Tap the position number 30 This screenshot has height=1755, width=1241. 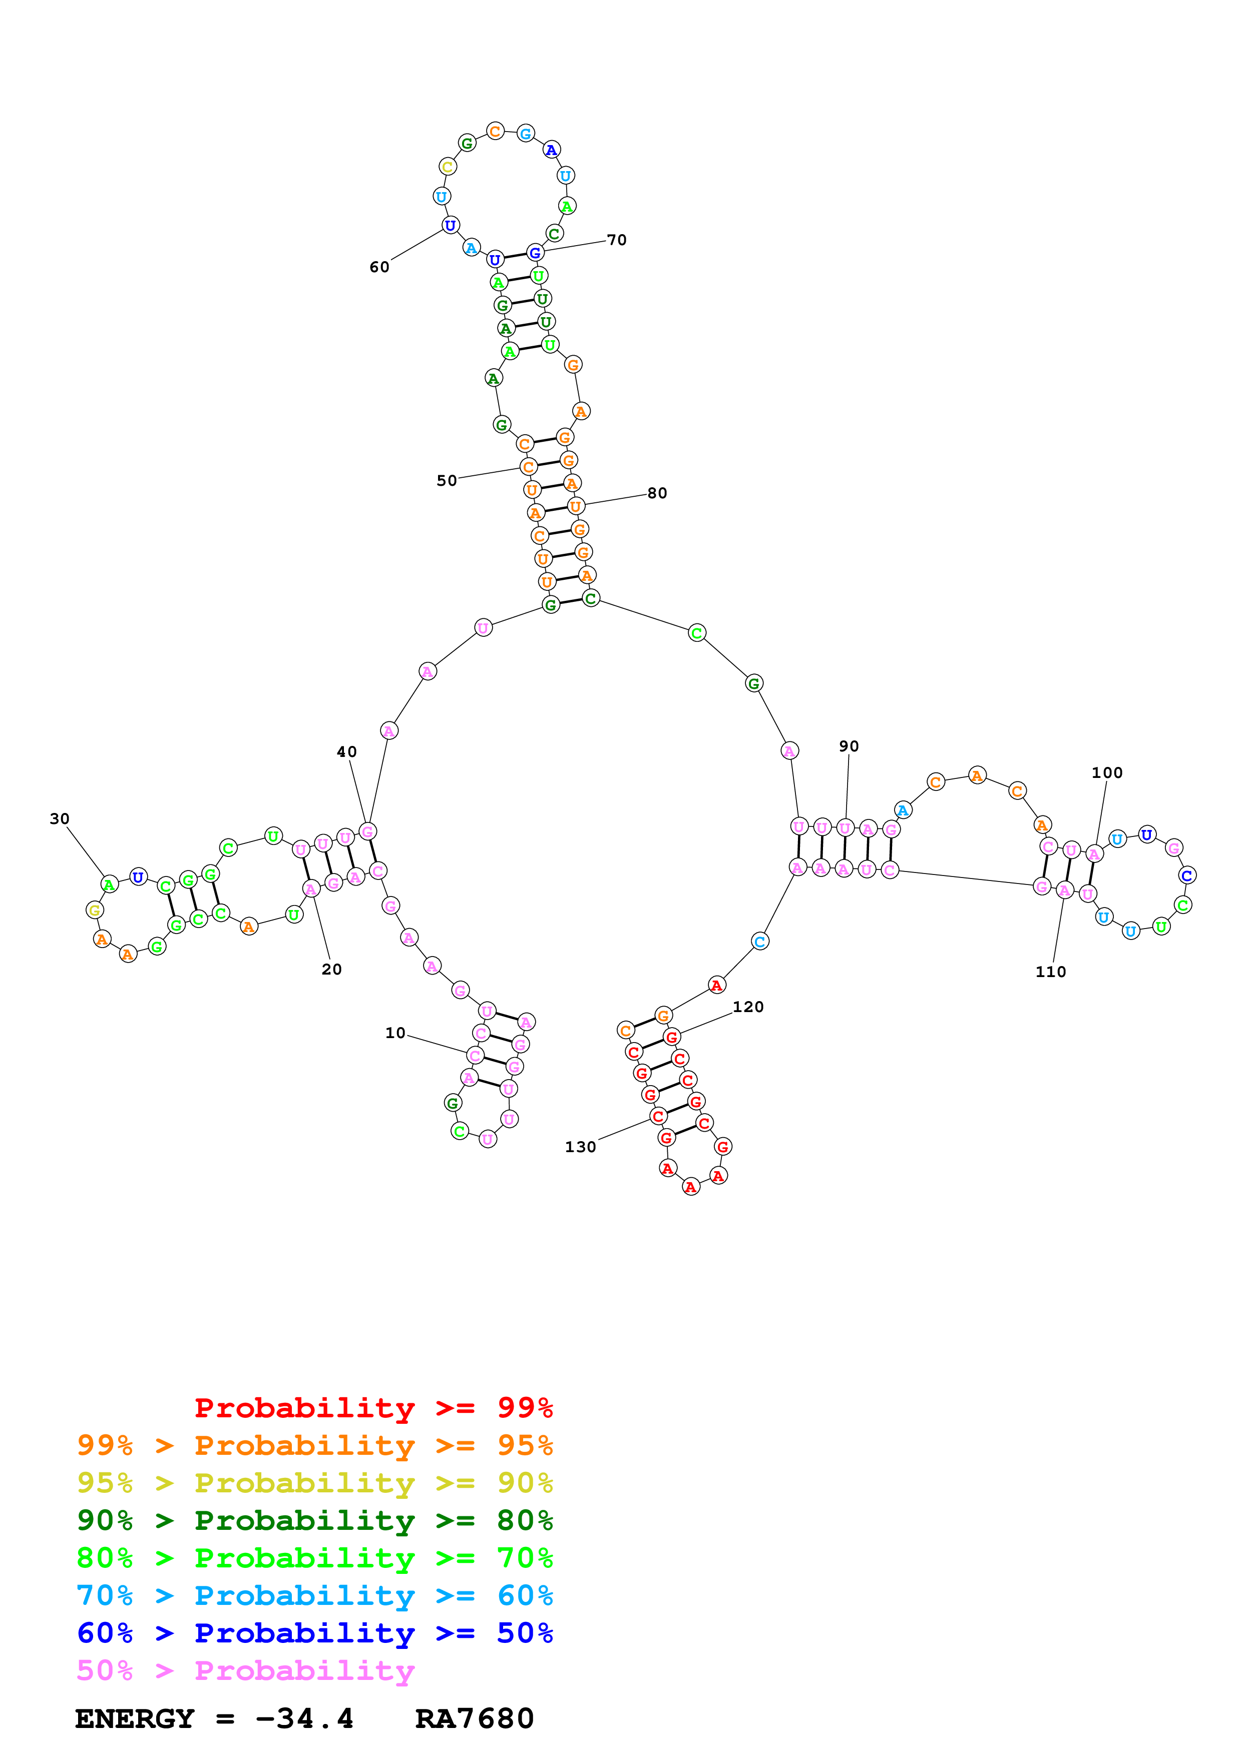pyautogui.click(x=60, y=818)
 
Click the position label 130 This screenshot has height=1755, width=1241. pyautogui.click(x=580, y=1147)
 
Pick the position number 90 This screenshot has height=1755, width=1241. pyautogui.click(x=849, y=746)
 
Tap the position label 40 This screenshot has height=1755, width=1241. pyautogui.click(x=346, y=752)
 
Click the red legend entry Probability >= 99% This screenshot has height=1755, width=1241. pyautogui.click(x=373, y=1408)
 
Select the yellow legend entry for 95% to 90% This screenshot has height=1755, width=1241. pyautogui.click(x=314, y=1483)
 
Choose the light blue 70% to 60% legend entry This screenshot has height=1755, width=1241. pyautogui.click(x=314, y=1595)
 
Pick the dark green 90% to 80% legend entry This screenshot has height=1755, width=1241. pyautogui.click(x=314, y=1520)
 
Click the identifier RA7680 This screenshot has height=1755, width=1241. pyautogui.click(x=474, y=1718)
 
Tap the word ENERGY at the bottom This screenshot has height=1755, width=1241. pyautogui.click(x=135, y=1718)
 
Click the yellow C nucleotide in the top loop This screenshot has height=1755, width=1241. pyautogui.click(x=448, y=167)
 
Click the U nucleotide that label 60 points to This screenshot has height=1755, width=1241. pyautogui.click(x=450, y=226)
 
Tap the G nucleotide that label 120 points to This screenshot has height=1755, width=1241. pyautogui.click(x=671, y=1037)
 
